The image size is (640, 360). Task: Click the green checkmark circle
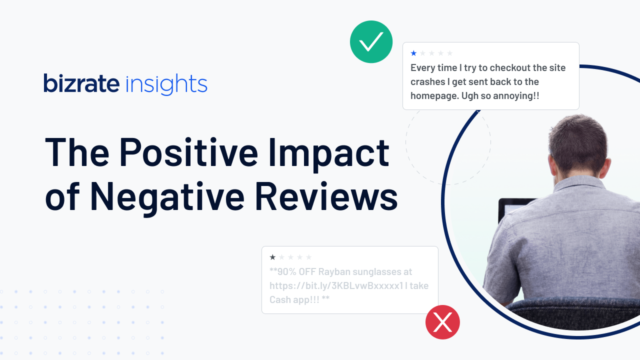coord(371,41)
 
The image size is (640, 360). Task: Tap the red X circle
coord(442,322)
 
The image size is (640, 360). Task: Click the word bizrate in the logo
coord(81,83)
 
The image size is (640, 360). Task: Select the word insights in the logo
coord(166,84)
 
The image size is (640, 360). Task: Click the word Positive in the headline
coord(188,152)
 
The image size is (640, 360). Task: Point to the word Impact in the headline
coord(329,154)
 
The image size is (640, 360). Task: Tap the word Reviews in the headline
coord(326,196)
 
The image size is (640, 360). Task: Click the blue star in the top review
coord(413,53)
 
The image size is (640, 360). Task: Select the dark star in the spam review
coord(272,257)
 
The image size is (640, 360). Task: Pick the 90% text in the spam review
coord(287,271)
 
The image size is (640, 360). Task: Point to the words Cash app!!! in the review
coord(294,300)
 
